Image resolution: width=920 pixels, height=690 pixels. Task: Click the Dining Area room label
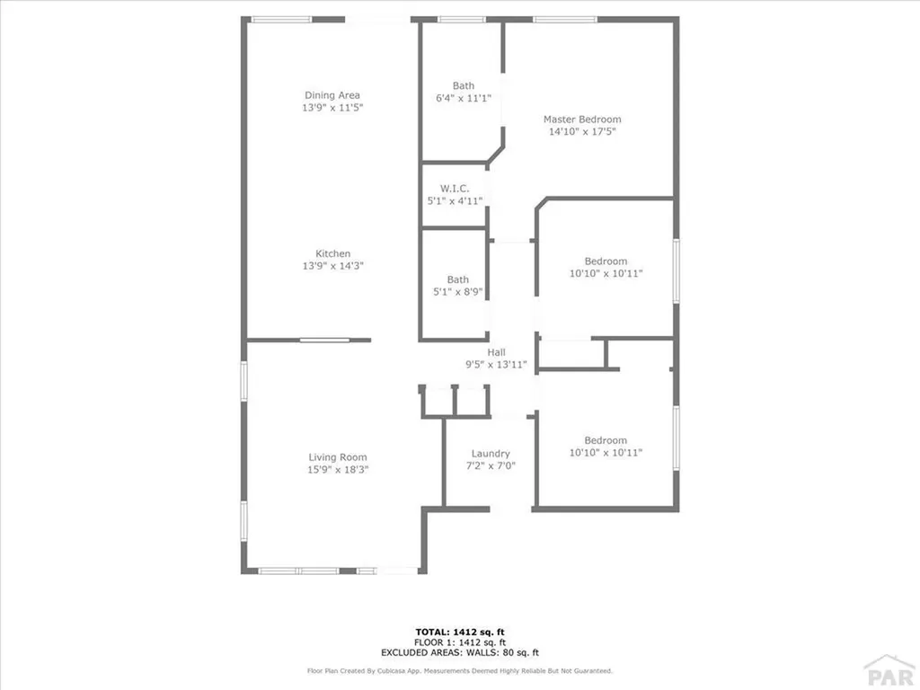coord(332,95)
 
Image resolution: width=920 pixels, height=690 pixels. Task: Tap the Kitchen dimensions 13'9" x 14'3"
coord(332,266)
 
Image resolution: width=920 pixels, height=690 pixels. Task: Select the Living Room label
coord(338,457)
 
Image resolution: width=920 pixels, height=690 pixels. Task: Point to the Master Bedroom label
coord(582,119)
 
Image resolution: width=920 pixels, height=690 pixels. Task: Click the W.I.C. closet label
coord(455,189)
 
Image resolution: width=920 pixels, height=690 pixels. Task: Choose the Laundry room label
coord(491,454)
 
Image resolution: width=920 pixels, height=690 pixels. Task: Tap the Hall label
coord(496,353)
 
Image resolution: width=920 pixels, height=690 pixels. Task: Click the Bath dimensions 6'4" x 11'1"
coord(464,98)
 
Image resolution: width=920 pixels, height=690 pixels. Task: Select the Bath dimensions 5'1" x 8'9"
coord(458,292)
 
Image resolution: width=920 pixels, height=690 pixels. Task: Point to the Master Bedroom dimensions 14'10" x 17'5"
coord(582,132)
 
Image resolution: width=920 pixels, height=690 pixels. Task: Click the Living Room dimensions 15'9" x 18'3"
coord(338,469)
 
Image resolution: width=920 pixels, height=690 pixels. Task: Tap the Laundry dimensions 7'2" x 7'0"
coord(491,465)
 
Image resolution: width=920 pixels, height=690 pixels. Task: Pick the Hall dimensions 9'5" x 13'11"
coord(496,365)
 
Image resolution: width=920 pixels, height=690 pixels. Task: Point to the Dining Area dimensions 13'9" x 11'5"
coord(332,107)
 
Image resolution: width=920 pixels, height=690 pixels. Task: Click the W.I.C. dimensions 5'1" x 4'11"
coord(455,200)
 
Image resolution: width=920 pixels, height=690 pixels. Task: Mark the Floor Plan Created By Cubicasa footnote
coord(460,670)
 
